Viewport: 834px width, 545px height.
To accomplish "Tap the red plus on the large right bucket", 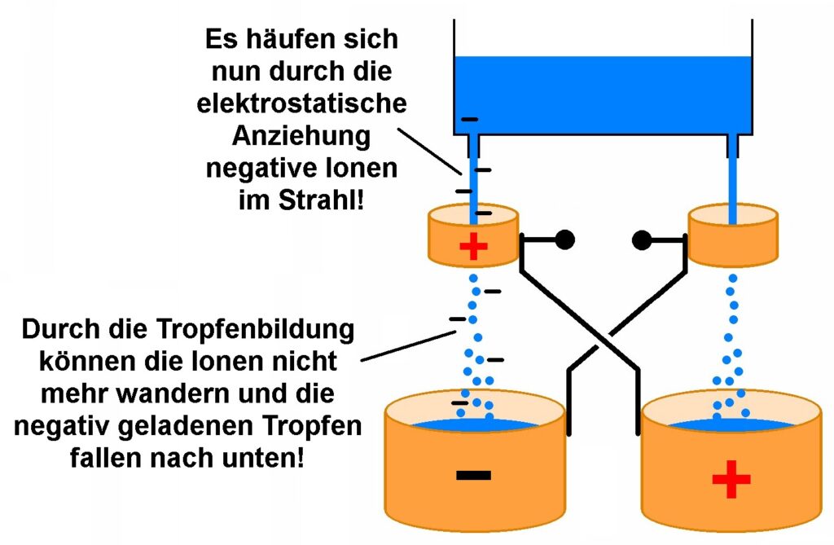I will click(x=731, y=481).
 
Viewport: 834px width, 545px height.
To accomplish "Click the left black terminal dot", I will click(x=564, y=240).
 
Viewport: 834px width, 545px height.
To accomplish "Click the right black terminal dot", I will click(x=642, y=240).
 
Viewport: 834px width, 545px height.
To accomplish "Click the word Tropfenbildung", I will click(x=261, y=332).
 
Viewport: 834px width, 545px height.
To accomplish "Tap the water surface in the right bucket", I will click(x=731, y=425).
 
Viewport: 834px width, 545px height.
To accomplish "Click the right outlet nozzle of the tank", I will click(x=733, y=147).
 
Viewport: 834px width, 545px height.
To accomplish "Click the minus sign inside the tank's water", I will click(x=469, y=120).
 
